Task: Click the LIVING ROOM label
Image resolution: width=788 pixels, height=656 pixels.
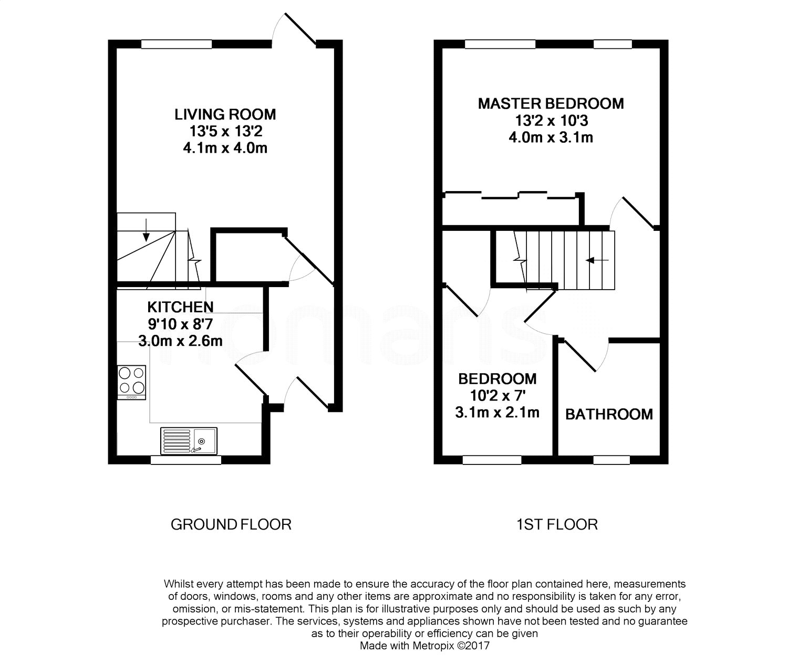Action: [x=225, y=114]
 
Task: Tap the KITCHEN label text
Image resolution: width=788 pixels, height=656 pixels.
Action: [x=180, y=307]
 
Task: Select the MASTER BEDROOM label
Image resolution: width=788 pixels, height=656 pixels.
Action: [x=551, y=104]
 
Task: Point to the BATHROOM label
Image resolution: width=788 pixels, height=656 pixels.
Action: [x=609, y=415]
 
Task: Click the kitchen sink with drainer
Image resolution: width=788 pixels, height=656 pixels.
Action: [x=189, y=441]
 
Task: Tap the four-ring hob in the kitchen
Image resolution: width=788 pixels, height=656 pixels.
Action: [x=131, y=382]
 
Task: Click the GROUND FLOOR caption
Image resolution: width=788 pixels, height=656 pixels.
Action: [x=231, y=524]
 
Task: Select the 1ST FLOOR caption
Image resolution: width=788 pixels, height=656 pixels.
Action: [x=557, y=524]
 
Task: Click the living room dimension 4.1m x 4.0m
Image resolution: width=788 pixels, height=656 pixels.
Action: [x=225, y=148]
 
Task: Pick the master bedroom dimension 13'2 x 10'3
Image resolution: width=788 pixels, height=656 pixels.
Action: [x=552, y=121]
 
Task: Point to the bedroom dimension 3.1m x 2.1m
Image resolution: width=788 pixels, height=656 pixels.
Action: [x=497, y=412]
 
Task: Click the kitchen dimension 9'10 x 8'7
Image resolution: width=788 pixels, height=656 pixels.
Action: [x=180, y=324]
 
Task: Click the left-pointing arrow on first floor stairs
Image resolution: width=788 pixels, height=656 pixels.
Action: [x=597, y=260]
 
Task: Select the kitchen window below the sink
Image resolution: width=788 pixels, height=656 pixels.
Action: [x=186, y=460]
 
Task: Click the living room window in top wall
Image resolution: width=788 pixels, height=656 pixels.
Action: [x=177, y=44]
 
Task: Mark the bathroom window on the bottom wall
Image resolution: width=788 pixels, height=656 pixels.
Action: [x=611, y=460]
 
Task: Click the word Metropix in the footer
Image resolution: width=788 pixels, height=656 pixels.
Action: [x=433, y=646]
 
